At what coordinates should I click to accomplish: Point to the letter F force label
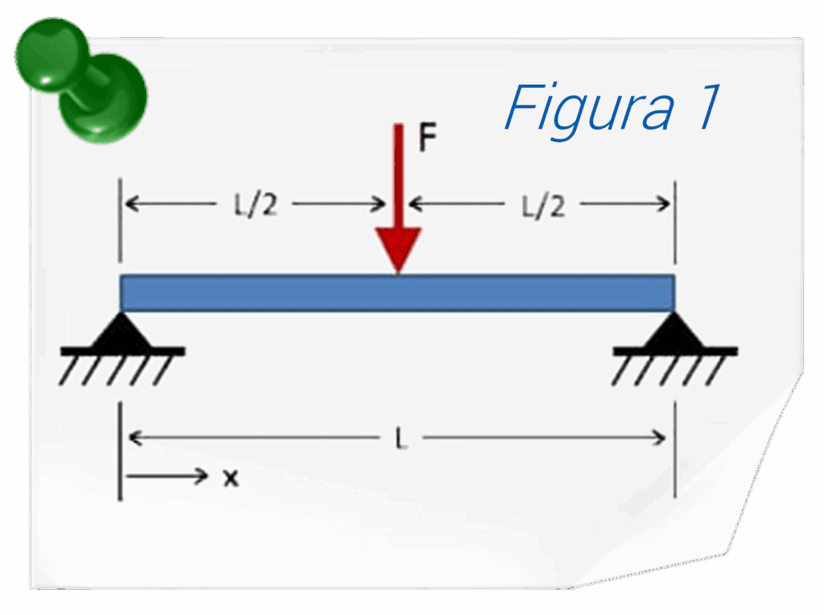(426, 139)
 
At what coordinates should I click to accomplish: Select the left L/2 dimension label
(255, 206)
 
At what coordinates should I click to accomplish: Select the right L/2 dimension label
(543, 206)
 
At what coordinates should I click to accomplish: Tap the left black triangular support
(121, 332)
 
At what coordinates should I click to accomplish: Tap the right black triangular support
(674, 332)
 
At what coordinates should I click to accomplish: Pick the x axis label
(231, 477)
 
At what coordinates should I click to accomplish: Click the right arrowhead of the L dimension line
(660, 438)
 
